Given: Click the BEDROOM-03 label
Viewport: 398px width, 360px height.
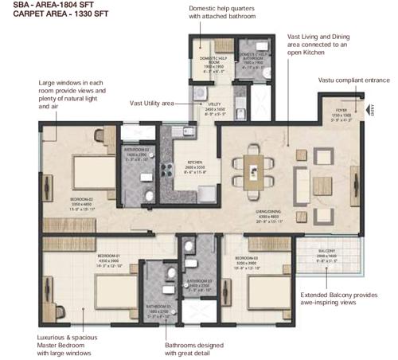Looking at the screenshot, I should point(248,259).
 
